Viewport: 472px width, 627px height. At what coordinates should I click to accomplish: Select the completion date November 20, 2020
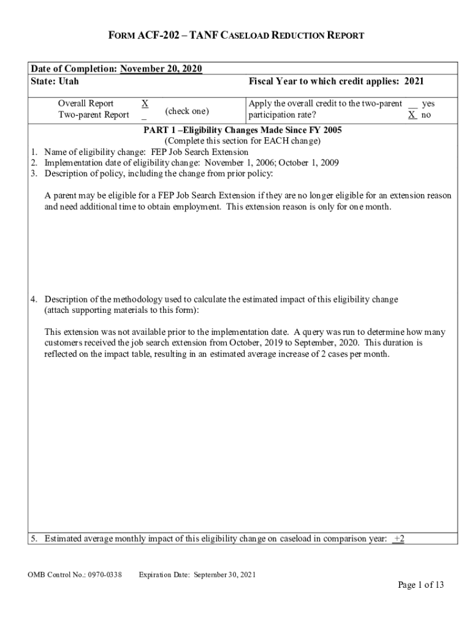[161, 69]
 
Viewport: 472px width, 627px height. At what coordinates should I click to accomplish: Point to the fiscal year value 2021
[414, 81]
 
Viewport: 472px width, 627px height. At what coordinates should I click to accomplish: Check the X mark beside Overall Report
[144, 103]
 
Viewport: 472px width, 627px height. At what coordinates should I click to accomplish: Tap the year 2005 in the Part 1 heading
[331, 130]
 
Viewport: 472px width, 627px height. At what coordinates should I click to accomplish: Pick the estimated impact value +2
[399, 538]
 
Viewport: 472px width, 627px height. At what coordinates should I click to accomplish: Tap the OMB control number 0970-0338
[104, 574]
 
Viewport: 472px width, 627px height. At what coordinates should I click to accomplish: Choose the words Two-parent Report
[93, 115]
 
